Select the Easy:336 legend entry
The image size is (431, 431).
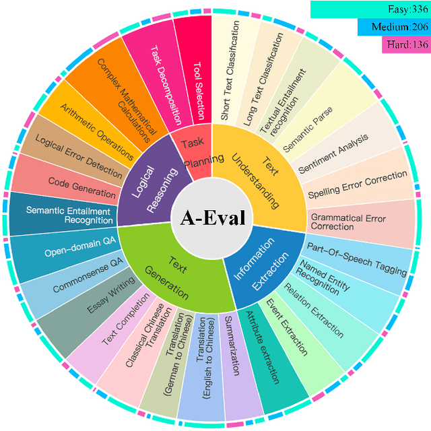[x=370, y=9]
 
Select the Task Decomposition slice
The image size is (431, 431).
[x=160, y=77]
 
